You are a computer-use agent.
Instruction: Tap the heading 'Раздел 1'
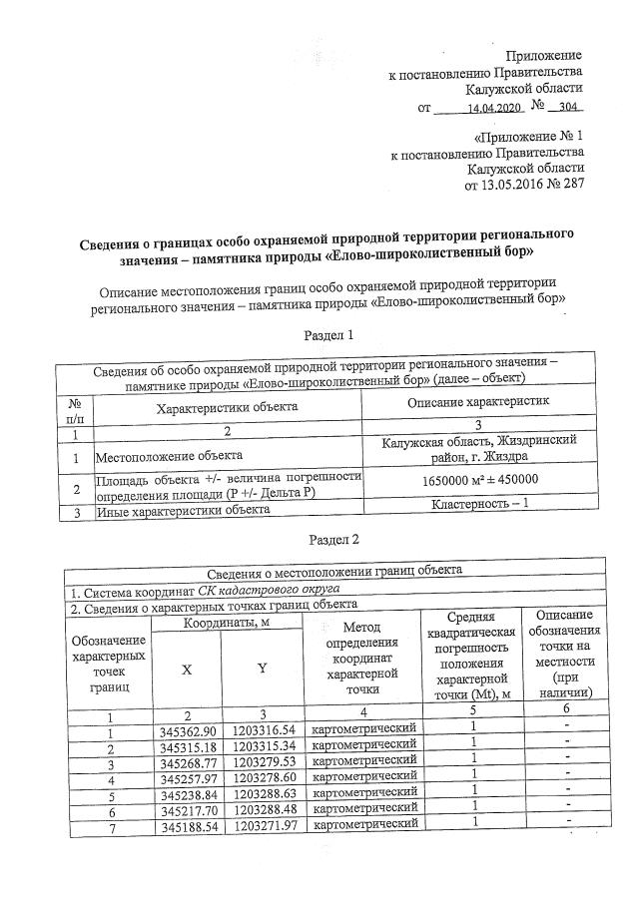pos(329,336)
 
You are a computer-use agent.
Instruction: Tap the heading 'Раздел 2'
pos(329,539)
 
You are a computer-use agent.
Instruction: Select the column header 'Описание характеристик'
pos(482,401)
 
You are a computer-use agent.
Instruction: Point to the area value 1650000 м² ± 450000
pos(482,480)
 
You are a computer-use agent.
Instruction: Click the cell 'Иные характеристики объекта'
pos(183,510)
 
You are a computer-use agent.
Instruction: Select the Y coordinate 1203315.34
pos(264,747)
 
